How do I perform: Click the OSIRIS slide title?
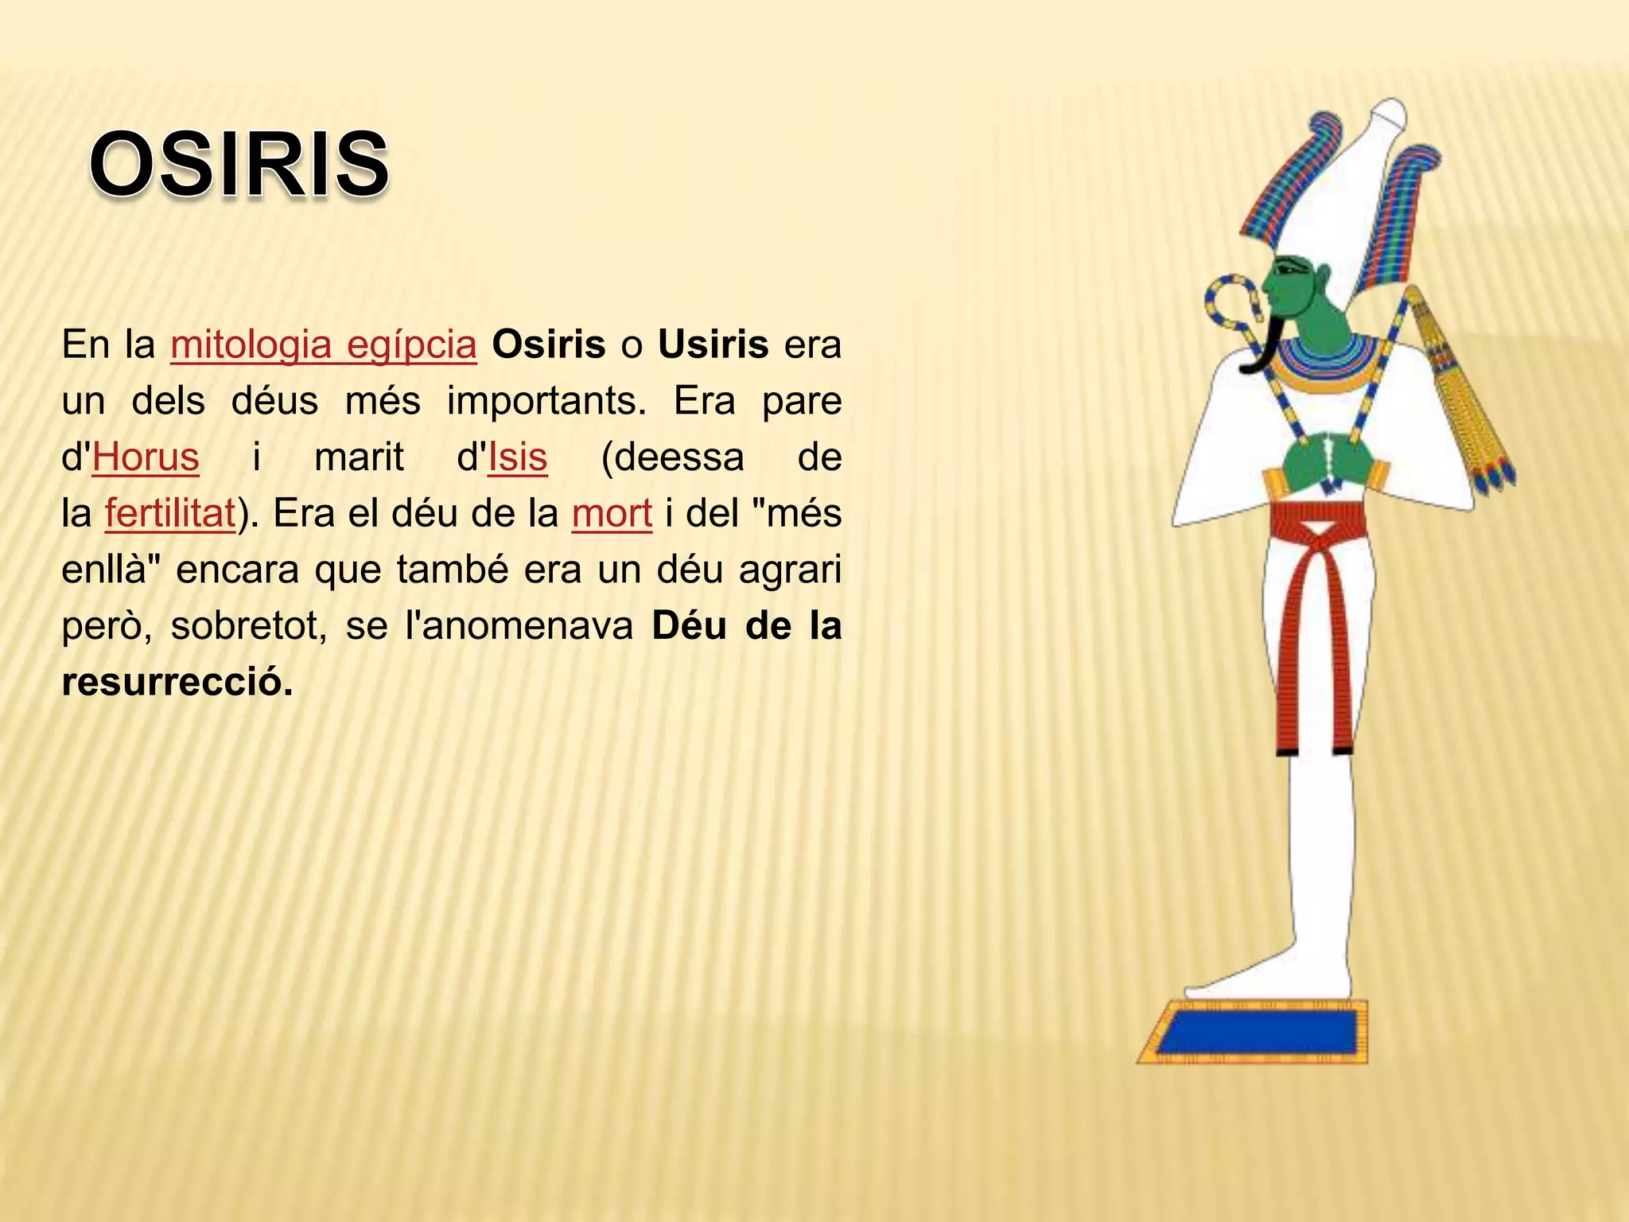[239, 165]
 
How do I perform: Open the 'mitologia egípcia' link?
[323, 344]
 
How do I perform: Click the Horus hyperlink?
[146, 457]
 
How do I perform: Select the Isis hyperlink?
[518, 457]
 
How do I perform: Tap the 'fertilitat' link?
[170, 514]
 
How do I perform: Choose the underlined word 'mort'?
[612, 514]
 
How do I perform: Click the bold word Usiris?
[713, 344]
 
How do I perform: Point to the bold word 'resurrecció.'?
[177, 682]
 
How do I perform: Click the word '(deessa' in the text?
[673, 457]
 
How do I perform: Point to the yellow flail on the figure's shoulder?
[1460, 398]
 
